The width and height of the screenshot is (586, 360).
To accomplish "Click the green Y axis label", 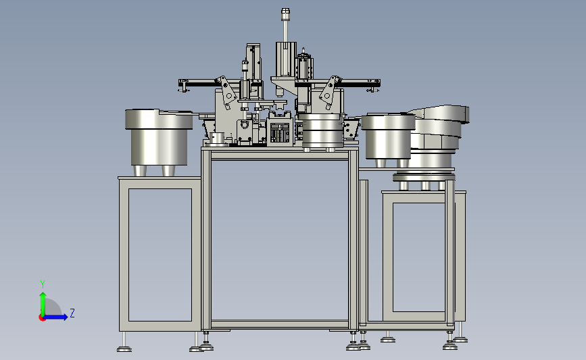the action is pos(43,284).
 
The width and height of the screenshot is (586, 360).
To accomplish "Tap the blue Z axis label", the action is pos(72,313).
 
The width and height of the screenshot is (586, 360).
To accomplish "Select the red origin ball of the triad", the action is pos(42,318).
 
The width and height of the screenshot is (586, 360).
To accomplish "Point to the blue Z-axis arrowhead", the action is pos(65,317).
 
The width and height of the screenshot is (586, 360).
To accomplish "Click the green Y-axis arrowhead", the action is pos(43,296).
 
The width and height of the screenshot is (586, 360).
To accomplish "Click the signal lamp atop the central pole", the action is pos(285,14).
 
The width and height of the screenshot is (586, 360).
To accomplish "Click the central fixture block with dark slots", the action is pos(279,132).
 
